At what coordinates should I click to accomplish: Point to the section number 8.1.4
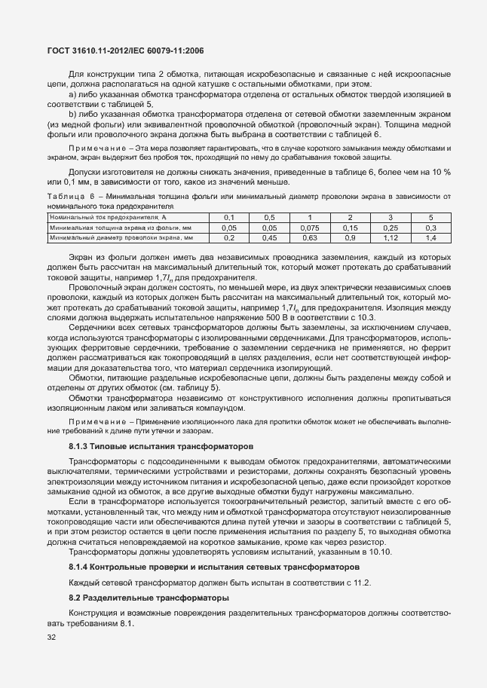point(78,566)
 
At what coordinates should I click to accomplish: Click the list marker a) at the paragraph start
point(72,95)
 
